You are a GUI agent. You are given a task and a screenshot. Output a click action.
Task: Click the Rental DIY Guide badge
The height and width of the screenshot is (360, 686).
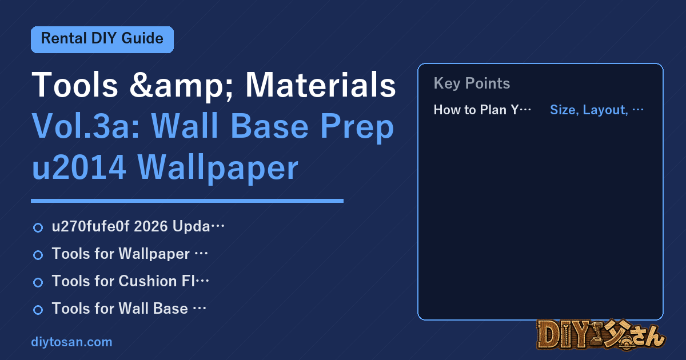[x=102, y=39]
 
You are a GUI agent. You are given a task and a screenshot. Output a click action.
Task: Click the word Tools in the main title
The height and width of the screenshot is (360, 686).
[x=75, y=85]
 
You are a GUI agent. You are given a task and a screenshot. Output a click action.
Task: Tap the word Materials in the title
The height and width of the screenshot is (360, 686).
[x=321, y=85]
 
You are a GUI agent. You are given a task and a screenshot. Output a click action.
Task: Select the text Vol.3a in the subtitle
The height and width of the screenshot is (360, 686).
[x=86, y=126]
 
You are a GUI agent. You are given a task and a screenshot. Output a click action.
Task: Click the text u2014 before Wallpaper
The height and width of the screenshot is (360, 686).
[x=79, y=167]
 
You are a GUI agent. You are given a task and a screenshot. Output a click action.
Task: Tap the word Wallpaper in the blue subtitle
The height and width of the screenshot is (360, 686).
[x=218, y=169]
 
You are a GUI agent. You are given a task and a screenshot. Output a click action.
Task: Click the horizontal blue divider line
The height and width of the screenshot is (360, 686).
[x=187, y=201]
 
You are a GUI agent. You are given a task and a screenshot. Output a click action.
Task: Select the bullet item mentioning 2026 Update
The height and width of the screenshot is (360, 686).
[x=138, y=226]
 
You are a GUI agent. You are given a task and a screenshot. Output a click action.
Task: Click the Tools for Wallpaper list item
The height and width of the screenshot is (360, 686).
[x=130, y=254]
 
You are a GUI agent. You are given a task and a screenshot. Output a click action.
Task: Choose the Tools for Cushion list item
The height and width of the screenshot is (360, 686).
[x=130, y=281]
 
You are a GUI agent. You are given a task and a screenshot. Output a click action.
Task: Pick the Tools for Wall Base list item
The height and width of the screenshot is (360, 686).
[x=129, y=308]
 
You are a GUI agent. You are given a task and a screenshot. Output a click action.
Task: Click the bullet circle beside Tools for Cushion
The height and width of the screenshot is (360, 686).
[x=38, y=282]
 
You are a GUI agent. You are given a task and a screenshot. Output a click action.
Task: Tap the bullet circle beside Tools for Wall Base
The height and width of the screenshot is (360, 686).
[x=38, y=310]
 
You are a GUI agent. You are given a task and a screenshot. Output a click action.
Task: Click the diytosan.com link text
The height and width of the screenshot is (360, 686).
[x=71, y=342]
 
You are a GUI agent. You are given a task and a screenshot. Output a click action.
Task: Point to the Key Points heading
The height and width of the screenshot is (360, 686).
[x=472, y=83]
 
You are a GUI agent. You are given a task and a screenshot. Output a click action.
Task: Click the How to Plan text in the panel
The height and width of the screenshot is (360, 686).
[x=482, y=110]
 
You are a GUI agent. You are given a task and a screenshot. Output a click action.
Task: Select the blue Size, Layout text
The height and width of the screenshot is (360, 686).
[x=597, y=110]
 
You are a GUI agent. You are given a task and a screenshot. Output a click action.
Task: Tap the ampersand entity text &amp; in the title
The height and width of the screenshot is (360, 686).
[x=182, y=86]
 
